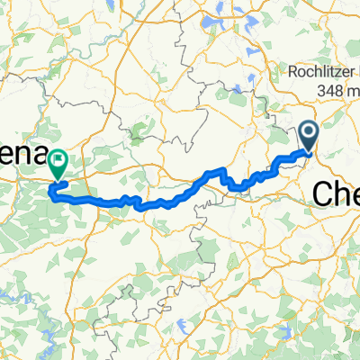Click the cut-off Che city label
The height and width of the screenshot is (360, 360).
pos(335,192)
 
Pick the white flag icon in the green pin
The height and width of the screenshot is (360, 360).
pos(59,162)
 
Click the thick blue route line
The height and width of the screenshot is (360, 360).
pos(162,202)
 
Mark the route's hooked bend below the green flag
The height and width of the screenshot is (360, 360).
pos(54,190)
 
